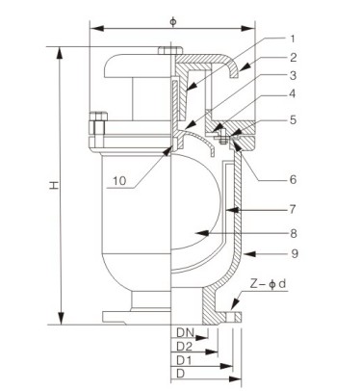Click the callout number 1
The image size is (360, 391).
[292, 39]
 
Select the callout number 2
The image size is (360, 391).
[294, 58]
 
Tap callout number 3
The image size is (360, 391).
[293, 76]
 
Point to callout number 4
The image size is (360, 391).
[293, 93]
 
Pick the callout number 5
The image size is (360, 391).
[294, 119]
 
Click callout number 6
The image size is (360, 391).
[293, 179]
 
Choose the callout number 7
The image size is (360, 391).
[293, 209]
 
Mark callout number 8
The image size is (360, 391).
[294, 233]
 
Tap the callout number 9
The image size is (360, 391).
[295, 253]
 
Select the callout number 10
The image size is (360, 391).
[119, 181]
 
